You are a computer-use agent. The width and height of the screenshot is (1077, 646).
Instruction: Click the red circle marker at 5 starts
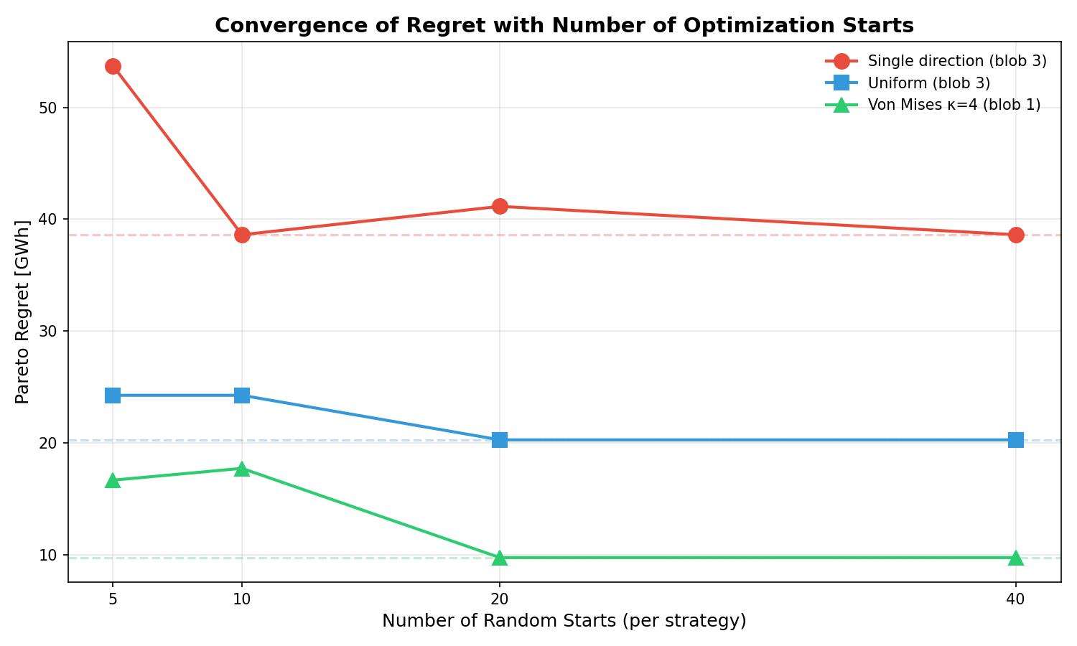click(x=113, y=66)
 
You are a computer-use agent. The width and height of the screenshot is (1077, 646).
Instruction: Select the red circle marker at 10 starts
click(x=242, y=235)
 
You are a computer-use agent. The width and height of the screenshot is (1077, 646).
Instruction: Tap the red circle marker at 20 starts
click(x=500, y=206)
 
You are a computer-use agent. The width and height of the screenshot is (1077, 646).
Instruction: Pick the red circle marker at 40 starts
click(x=1016, y=235)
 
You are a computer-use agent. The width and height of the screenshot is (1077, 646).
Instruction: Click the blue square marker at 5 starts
click(x=113, y=395)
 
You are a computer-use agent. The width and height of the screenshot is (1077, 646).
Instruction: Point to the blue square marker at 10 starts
click(x=242, y=395)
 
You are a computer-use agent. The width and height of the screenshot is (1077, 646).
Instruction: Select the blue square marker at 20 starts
click(x=500, y=440)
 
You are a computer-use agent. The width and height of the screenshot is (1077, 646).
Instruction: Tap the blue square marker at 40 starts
click(x=1016, y=440)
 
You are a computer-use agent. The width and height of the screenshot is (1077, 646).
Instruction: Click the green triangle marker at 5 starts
click(x=113, y=480)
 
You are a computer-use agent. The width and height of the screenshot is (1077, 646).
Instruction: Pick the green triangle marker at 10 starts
click(x=242, y=469)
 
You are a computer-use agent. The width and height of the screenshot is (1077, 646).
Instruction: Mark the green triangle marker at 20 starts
click(x=500, y=557)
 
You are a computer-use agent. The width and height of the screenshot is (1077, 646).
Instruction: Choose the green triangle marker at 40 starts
click(x=1016, y=557)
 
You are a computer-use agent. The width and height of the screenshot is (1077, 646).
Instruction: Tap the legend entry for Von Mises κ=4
click(x=954, y=105)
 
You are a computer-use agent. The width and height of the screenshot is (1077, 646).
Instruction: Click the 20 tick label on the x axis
click(x=500, y=598)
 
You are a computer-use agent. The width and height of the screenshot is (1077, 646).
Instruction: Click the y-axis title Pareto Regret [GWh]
click(x=23, y=312)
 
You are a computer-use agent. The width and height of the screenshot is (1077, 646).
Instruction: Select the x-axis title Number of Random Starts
click(x=564, y=621)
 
